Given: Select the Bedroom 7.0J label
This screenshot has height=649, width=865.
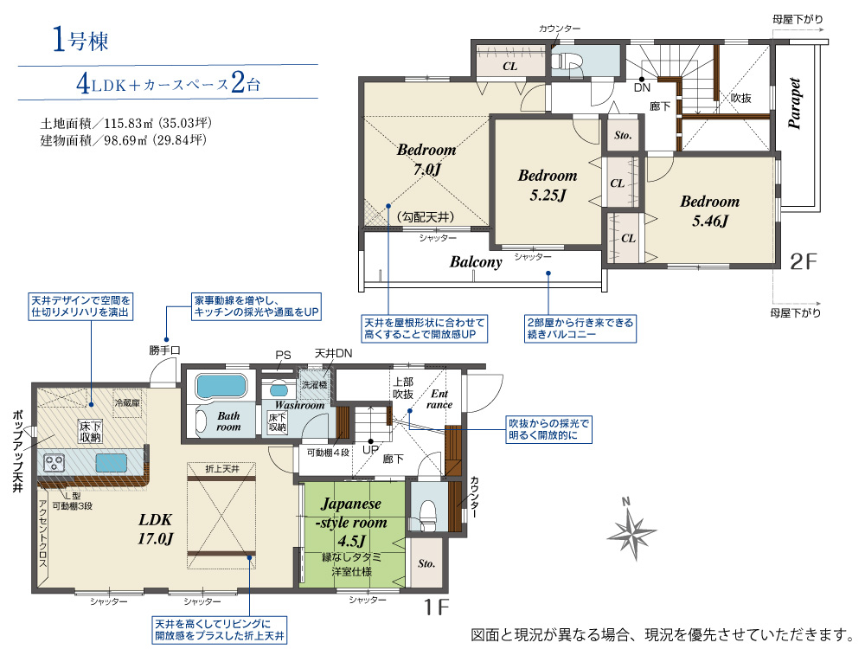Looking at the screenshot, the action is (426, 159).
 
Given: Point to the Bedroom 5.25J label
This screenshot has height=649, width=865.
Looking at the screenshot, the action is (548, 185).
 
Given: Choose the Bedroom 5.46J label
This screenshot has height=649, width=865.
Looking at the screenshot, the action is (709, 211).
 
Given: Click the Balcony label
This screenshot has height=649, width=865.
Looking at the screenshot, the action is (476, 261).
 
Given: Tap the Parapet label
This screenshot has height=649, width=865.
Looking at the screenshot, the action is (794, 103).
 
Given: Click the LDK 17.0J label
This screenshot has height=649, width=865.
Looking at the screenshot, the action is (155, 529).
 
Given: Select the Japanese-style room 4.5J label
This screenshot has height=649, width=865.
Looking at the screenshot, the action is (351, 522).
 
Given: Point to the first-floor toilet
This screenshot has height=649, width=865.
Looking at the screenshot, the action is (428, 514).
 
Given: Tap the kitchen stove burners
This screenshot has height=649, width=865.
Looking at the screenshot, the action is (54, 462).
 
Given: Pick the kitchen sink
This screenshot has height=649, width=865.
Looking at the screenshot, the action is (111, 462).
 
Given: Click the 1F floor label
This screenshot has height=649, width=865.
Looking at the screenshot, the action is (436, 607).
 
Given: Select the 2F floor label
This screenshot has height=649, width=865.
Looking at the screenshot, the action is (803, 261).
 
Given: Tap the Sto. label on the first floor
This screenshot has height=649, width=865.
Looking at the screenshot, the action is (426, 563).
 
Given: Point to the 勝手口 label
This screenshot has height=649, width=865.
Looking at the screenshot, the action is (164, 350).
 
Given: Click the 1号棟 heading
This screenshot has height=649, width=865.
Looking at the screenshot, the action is (80, 40).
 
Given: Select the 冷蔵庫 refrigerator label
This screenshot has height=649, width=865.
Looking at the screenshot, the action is (127, 403).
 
